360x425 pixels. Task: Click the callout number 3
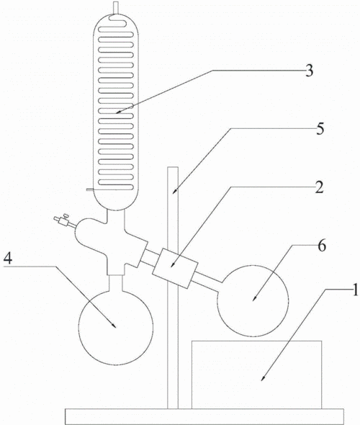point(309,70)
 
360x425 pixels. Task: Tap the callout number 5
point(320,128)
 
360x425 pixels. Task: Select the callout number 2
point(320,187)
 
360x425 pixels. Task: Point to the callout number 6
point(322,246)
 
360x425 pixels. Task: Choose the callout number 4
point(8,258)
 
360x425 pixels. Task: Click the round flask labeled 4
point(116,328)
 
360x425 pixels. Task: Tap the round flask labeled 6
point(253,301)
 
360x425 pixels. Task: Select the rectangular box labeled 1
point(257,375)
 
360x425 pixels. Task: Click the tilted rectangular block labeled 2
point(175,267)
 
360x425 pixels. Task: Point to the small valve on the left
point(63,220)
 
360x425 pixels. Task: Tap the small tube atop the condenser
point(116,8)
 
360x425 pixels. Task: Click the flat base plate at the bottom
point(204,416)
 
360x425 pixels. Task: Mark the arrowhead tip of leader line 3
point(116,112)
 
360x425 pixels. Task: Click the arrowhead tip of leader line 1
point(261,381)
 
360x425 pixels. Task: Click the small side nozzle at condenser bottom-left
point(90,189)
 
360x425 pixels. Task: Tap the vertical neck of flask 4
point(116,283)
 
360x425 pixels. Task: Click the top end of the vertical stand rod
point(173,167)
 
